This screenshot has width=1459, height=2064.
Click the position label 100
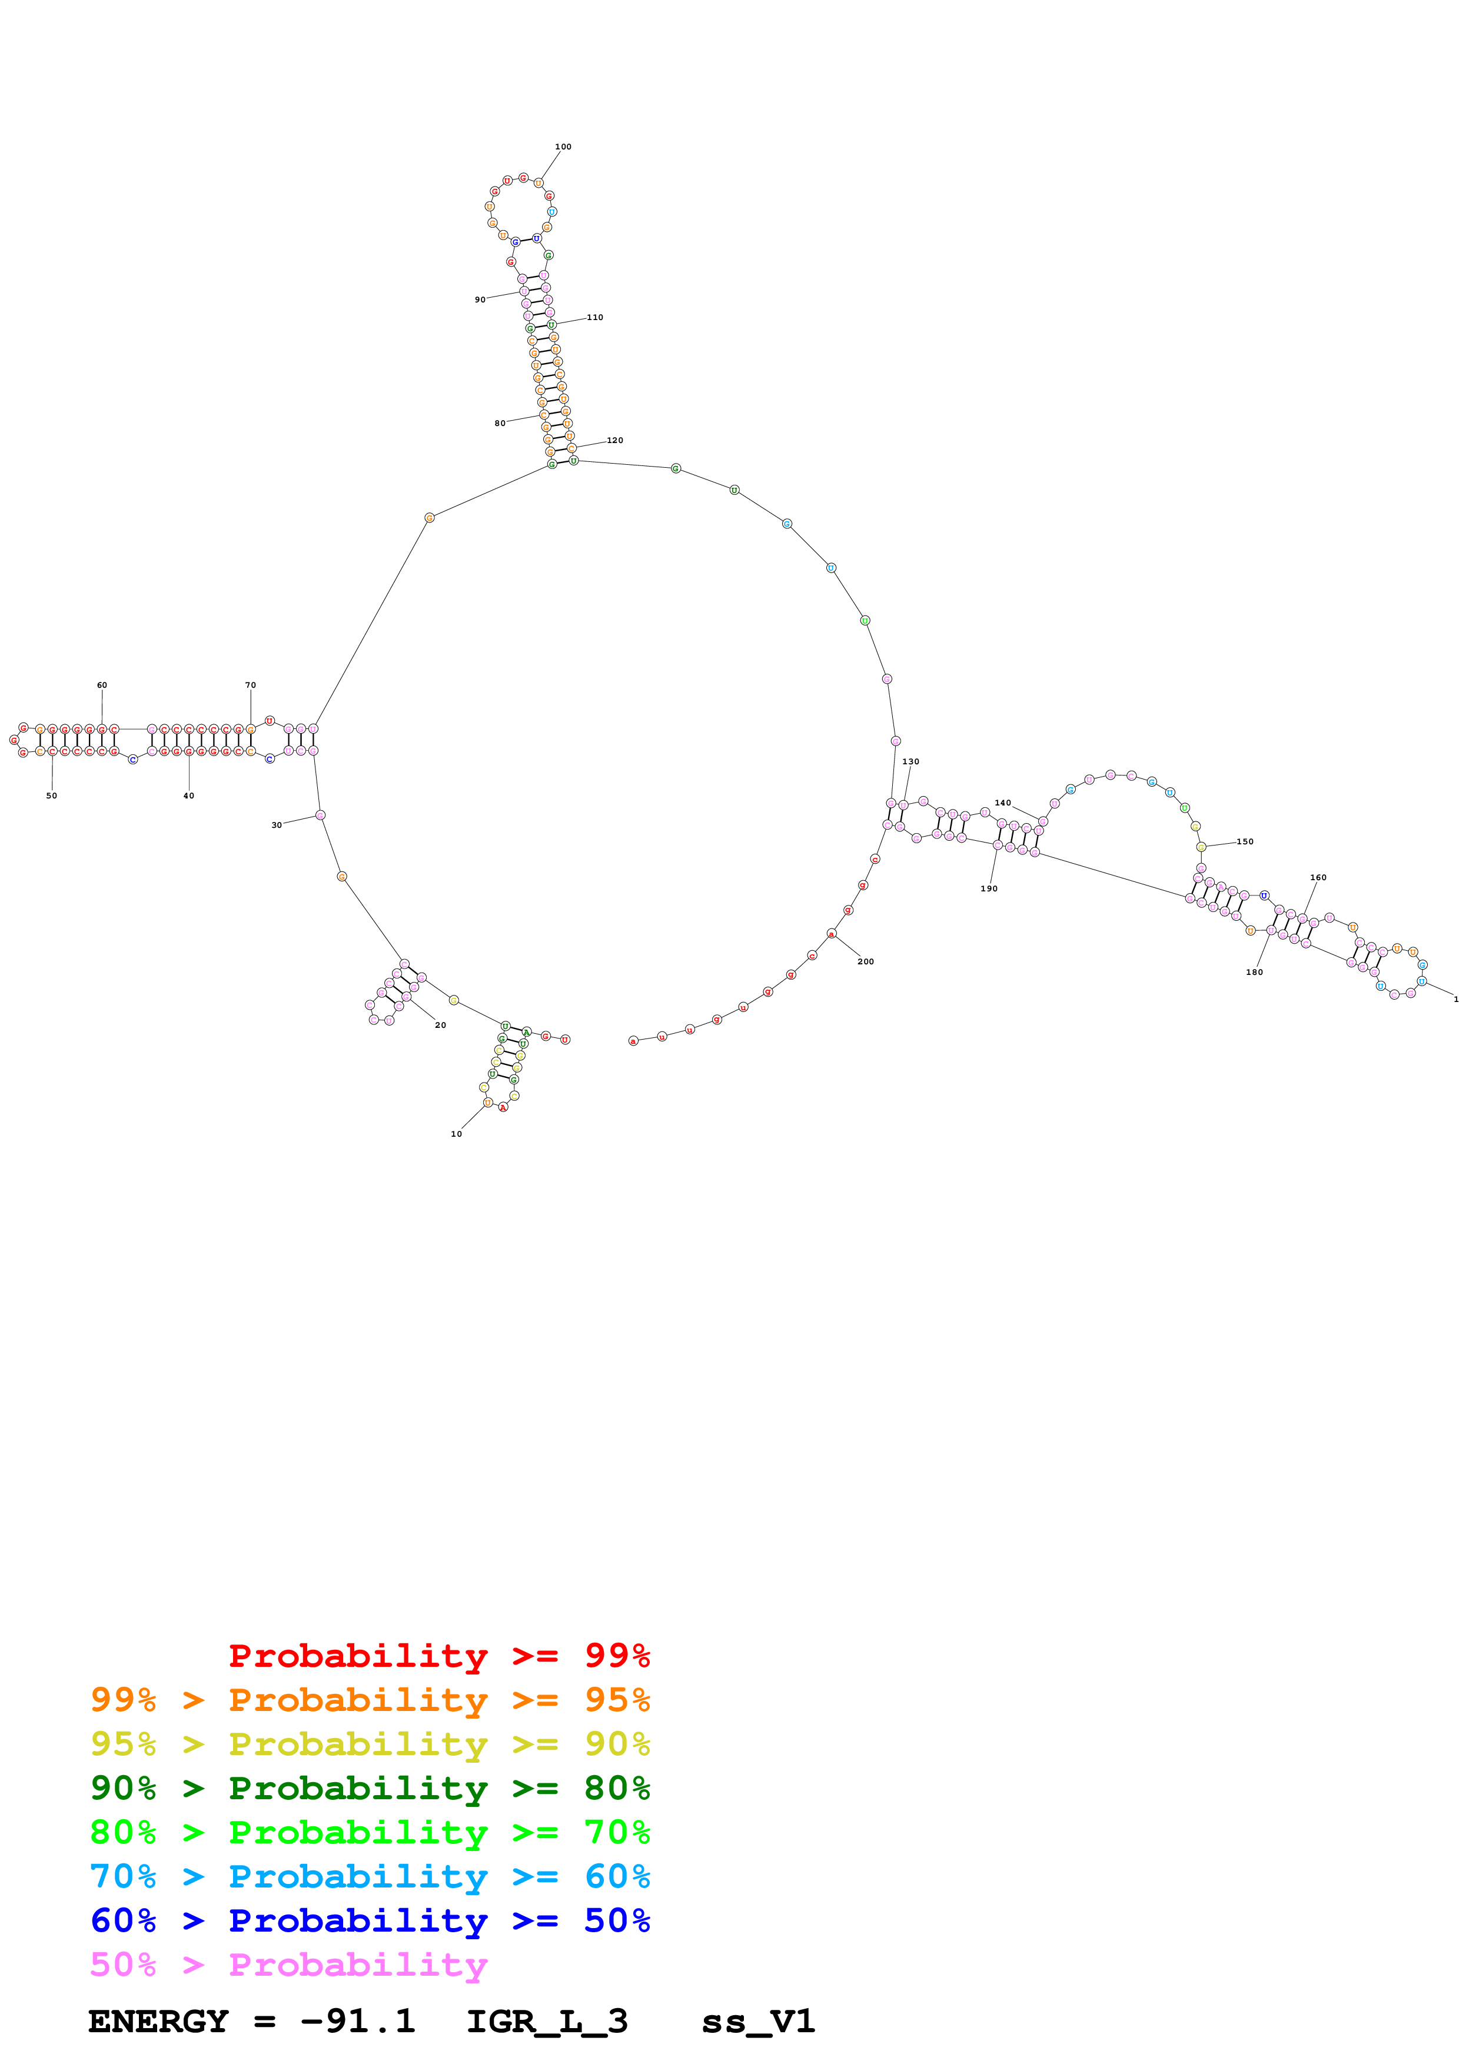tap(563, 147)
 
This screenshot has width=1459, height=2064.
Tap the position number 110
tap(595, 317)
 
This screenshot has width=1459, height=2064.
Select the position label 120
tap(615, 441)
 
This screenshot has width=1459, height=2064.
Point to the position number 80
tap(500, 424)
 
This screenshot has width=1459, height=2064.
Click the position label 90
tap(480, 300)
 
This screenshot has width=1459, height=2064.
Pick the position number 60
tap(102, 685)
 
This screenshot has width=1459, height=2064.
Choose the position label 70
tap(251, 685)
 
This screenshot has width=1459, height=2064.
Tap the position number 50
tap(51, 795)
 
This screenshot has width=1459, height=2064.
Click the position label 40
tap(189, 795)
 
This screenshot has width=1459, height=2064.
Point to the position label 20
tap(440, 1025)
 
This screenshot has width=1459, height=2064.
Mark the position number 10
tap(457, 1134)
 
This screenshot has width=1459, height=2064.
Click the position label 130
tap(910, 761)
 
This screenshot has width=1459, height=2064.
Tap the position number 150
tap(1245, 841)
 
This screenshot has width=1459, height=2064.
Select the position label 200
tap(866, 961)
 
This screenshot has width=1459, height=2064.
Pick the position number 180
tap(1254, 972)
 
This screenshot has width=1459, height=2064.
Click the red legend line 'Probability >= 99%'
tap(438, 1655)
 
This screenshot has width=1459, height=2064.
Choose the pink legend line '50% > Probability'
tap(288, 1964)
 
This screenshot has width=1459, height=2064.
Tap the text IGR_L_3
tap(547, 2022)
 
